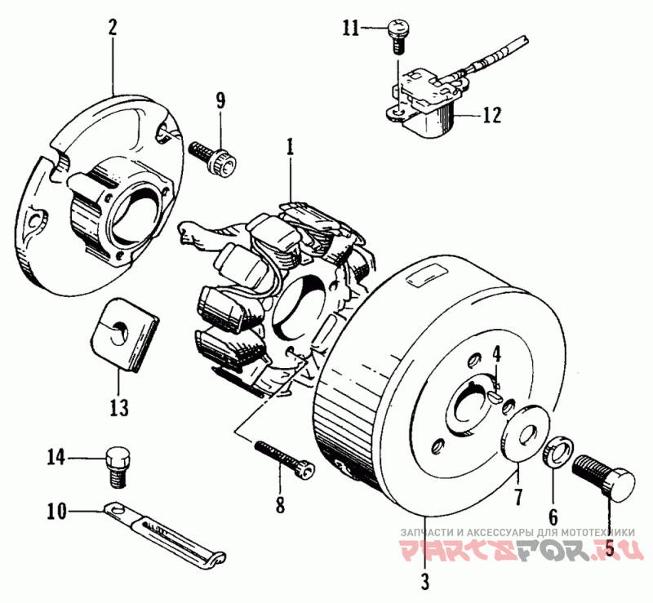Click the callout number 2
pyautogui.click(x=113, y=26)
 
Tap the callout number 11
pyautogui.click(x=351, y=29)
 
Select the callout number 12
pyautogui.click(x=491, y=115)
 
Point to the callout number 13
pyautogui.click(x=120, y=406)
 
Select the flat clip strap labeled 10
pyautogui.click(x=171, y=534)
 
